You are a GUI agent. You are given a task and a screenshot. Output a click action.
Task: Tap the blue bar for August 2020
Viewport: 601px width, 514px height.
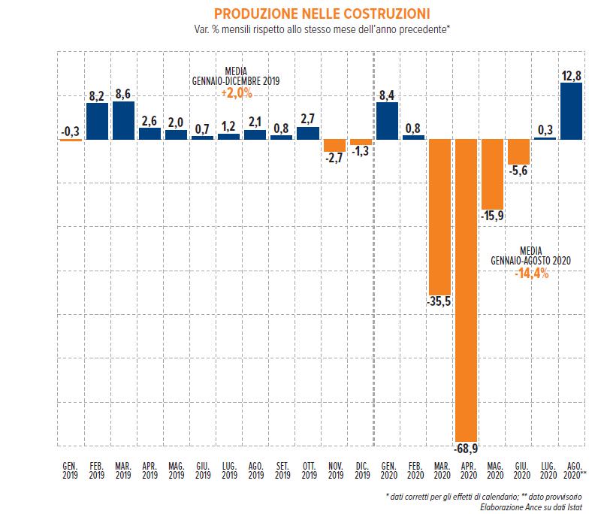(x=571, y=110)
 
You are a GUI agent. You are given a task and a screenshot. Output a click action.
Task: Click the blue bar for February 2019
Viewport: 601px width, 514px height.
(x=97, y=121)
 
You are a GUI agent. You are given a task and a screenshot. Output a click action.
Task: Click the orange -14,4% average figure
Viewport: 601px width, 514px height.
(x=532, y=274)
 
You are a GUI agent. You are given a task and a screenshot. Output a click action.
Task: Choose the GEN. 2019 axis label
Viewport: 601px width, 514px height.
(x=70, y=471)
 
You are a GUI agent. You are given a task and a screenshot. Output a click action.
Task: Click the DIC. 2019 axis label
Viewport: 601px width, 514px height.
(x=361, y=471)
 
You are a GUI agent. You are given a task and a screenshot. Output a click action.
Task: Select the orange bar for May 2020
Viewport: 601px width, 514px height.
(x=492, y=174)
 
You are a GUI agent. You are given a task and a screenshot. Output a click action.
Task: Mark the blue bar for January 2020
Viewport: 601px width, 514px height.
(x=387, y=120)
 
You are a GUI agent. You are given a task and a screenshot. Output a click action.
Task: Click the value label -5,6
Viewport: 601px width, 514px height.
(x=519, y=171)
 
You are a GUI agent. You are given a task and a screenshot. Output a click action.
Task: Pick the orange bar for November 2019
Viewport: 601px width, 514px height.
(x=334, y=146)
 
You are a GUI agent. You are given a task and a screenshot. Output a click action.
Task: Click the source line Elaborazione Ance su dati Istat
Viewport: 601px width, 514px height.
(x=535, y=507)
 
